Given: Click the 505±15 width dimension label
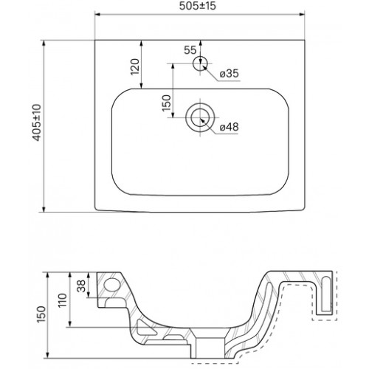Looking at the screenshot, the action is coord(198,6).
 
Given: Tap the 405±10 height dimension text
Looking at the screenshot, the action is coord(37,123).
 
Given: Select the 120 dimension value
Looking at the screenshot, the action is coord(135,66).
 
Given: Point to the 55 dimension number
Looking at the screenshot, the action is coord(190,50).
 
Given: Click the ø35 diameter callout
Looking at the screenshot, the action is coord(230,73).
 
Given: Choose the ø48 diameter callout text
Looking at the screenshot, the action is coord(229,127).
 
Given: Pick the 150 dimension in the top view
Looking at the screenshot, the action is coord(166,103).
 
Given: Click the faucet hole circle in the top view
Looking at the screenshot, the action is coord(200,63).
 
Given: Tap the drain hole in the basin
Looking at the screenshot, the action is coord(200,117).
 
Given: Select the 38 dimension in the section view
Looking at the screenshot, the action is coord(81,286).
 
